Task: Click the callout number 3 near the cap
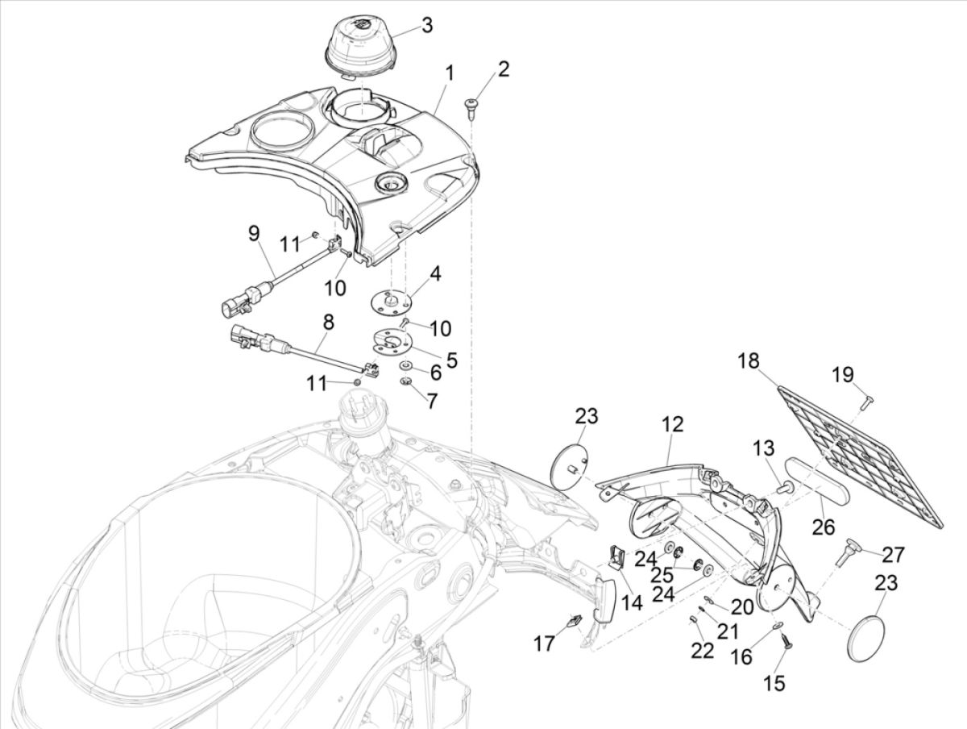[x=426, y=25]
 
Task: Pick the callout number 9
[x=254, y=234]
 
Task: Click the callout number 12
[x=673, y=424]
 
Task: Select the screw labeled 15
[x=786, y=641]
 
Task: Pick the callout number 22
[x=703, y=650]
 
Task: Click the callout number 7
[x=433, y=400]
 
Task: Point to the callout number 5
[x=451, y=360]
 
